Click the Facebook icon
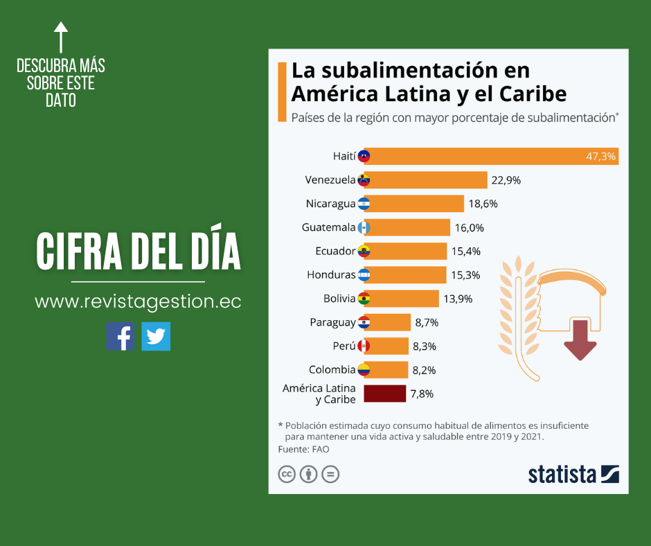[x=121, y=336]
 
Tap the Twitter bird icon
[x=156, y=336]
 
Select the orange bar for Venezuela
[x=425, y=180]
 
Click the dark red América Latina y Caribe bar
[x=384, y=394]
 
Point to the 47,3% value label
[x=600, y=157]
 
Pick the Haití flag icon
[x=364, y=157]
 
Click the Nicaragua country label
[x=330, y=204]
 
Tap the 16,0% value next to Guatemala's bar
[x=469, y=227]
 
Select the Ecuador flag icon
[x=364, y=251]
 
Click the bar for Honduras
[x=404, y=275]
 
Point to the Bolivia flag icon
[x=364, y=299]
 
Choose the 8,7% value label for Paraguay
[x=427, y=322]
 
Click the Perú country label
[x=344, y=346]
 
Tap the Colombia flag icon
[x=364, y=369]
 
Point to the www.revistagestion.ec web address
[x=138, y=302]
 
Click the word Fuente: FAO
[x=303, y=449]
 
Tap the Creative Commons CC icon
[x=286, y=475]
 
